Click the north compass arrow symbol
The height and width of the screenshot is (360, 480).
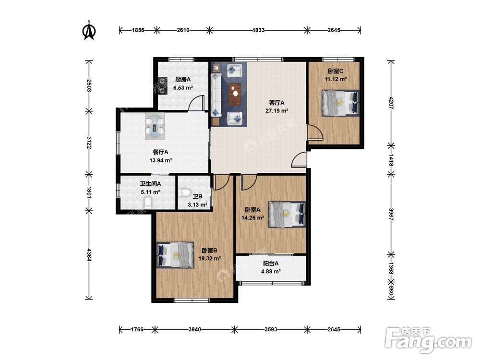pos(89,31)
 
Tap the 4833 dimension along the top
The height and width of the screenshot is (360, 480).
pos(258,30)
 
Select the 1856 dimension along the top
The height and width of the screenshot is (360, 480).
pos(138,30)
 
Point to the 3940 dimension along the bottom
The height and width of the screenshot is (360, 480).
pos(195,329)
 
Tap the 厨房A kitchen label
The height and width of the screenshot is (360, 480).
pos(183,80)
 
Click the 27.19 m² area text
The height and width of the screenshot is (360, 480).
pos(277,111)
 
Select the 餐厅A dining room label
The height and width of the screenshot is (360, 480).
pos(160,152)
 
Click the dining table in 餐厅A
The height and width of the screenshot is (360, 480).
pos(155,126)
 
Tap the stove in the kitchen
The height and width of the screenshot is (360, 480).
pos(162,86)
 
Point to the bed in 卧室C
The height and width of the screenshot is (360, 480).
pos(340,103)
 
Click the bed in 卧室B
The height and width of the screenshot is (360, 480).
pos(175,255)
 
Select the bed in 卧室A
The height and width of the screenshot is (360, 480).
pos(287,214)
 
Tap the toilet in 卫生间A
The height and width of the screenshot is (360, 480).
pos(147,203)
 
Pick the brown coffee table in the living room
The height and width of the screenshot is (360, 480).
pos(235,94)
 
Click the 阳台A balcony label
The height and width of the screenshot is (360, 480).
pos(271,264)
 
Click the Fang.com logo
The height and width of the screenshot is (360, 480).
pos(428,340)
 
